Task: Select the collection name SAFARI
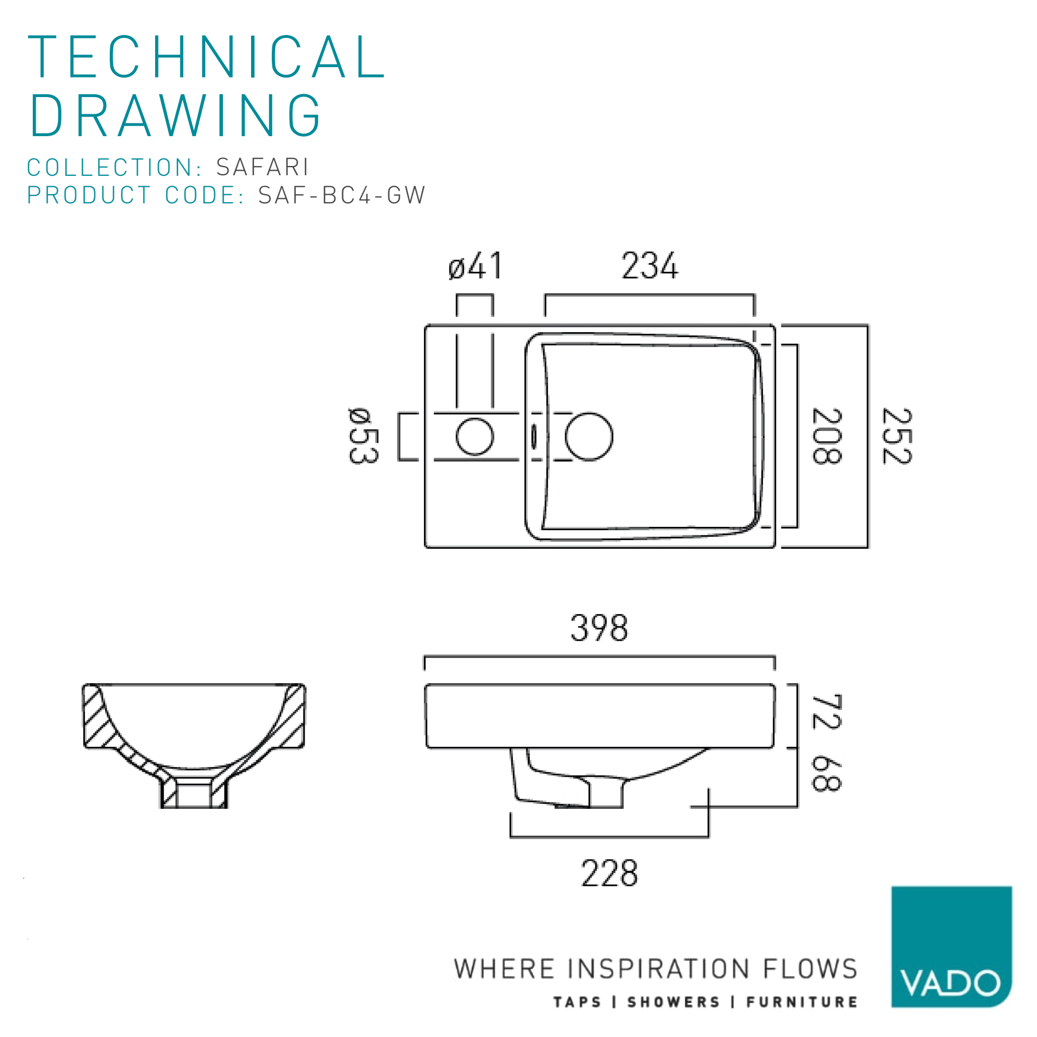(x=263, y=167)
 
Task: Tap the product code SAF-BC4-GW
(x=342, y=195)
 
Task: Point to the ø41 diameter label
(x=475, y=266)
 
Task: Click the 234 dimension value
(x=650, y=266)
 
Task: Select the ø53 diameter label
(x=364, y=436)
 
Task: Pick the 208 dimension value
(x=827, y=436)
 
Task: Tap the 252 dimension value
(x=897, y=436)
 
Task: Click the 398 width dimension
(x=599, y=628)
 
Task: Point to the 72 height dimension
(x=827, y=711)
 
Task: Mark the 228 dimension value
(x=610, y=874)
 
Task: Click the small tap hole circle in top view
(x=475, y=437)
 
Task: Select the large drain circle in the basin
(x=589, y=437)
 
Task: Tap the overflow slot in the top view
(x=534, y=437)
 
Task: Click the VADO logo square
(x=951, y=947)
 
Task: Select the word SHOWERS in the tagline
(x=673, y=1003)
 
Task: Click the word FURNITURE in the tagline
(x=802, y=1003)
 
